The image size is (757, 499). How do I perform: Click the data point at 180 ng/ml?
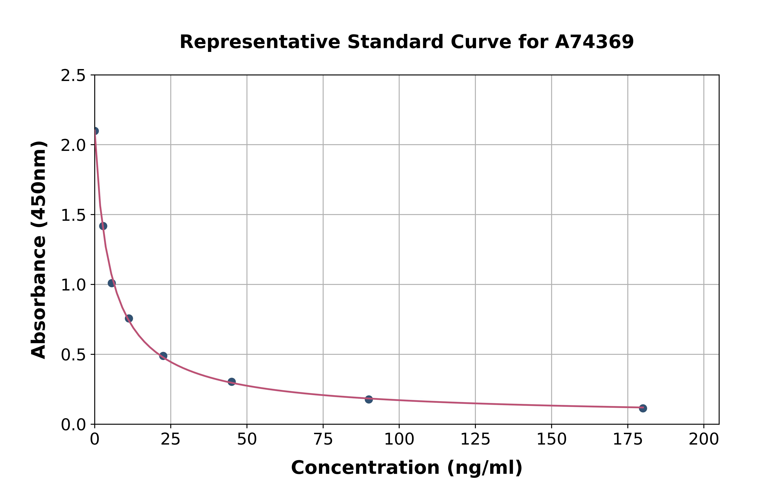click(x=643, y=408)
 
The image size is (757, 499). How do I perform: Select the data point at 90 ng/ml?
click(x=369, y=399)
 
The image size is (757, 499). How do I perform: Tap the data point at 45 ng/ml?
click(x=232, y=382)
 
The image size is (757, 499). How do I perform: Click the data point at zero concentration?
click(x=95, y=131)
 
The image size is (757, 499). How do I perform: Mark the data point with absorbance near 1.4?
click(x=103, y=226)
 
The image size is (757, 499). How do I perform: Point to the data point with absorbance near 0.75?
click(x=129, y=318)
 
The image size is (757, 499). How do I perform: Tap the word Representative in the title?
click(x=260, y=42)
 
